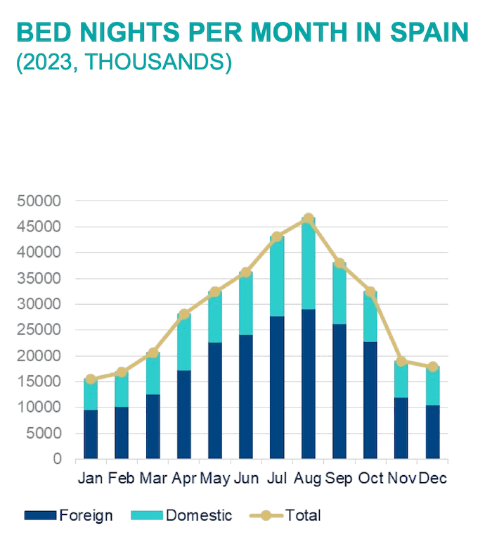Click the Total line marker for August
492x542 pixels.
308,219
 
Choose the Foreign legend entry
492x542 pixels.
68,515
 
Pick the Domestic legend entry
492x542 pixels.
181,515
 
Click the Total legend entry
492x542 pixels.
285,515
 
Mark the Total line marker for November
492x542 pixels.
401,361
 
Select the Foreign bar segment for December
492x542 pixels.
432,431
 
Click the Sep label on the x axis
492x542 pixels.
339,479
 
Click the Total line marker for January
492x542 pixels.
90,379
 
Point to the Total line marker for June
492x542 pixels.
245,272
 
